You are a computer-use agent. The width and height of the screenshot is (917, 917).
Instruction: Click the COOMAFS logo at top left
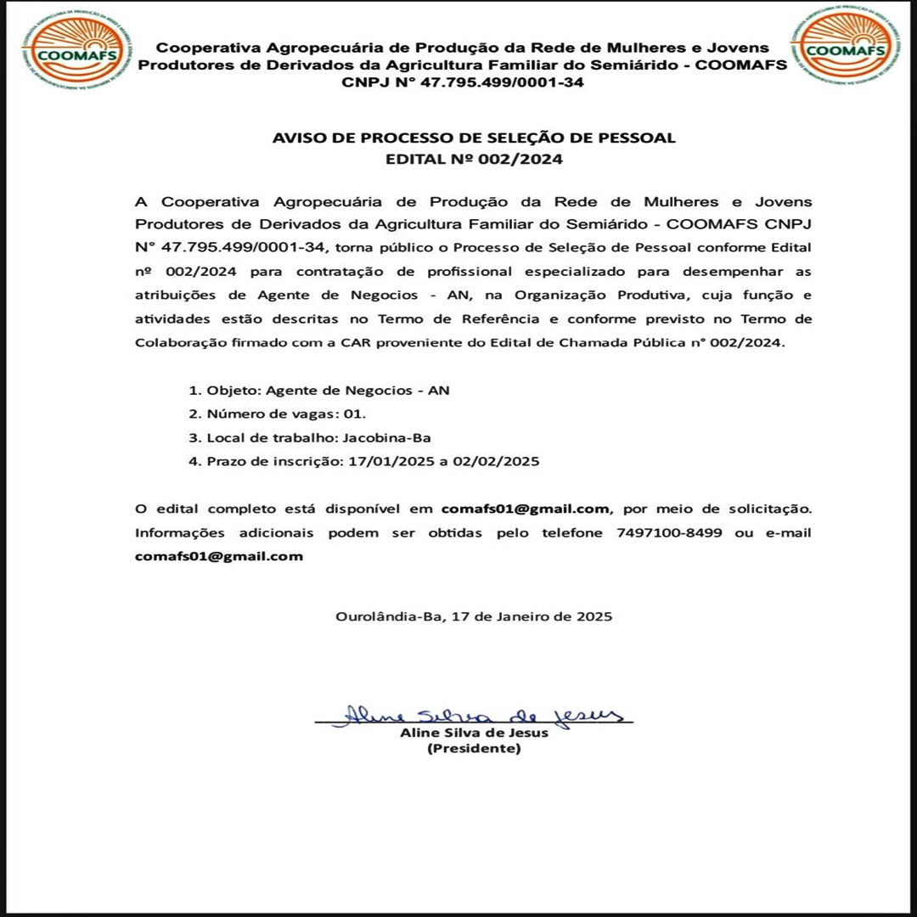(x=76, y=49)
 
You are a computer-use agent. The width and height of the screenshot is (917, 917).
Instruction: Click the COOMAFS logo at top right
(x=844, y=46)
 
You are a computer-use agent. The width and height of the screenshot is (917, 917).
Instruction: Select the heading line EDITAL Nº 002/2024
(x=474, y=159)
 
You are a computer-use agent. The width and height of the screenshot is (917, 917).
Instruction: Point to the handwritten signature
(x=475, y=715)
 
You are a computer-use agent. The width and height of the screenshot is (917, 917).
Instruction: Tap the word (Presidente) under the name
(x=474, y=749)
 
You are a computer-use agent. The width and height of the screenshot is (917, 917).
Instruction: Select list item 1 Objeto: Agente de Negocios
(x=319, y=391)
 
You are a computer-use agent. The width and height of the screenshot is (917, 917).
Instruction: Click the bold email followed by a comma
(x=526, y=509)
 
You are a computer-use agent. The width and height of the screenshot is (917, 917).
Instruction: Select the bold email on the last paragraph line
(x=219, y=557)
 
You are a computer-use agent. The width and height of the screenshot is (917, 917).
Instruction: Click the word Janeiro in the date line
(x=520, y=616)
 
